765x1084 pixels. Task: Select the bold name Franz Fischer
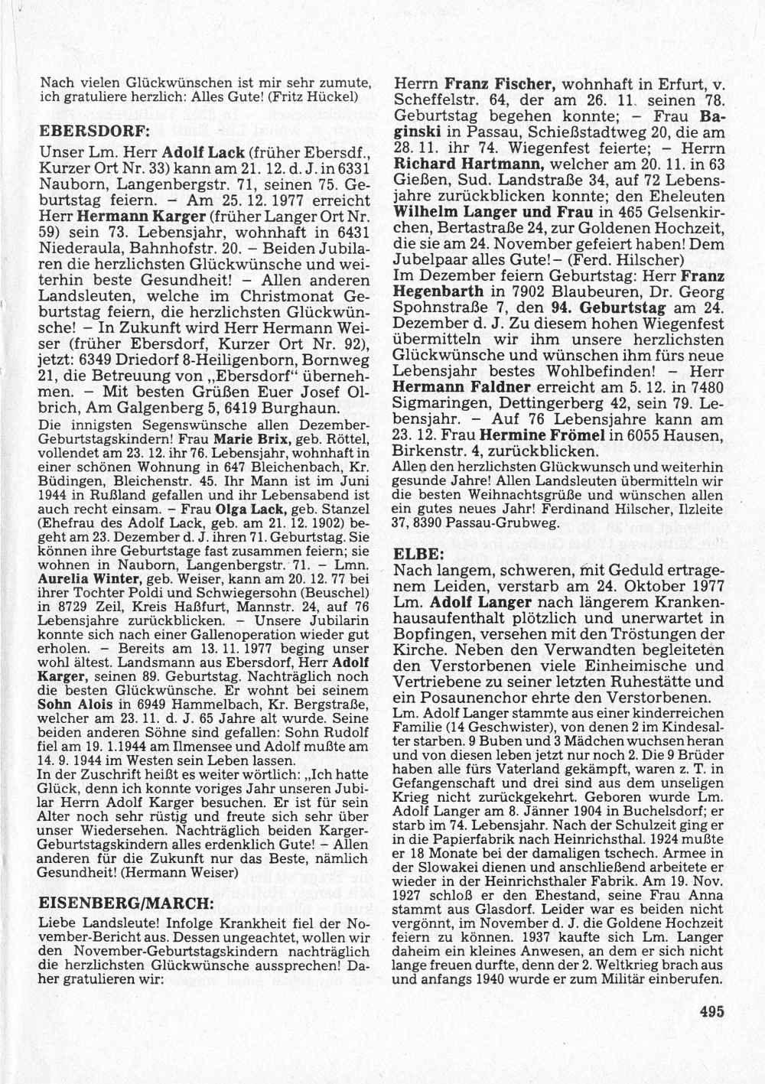click(497, 85)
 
